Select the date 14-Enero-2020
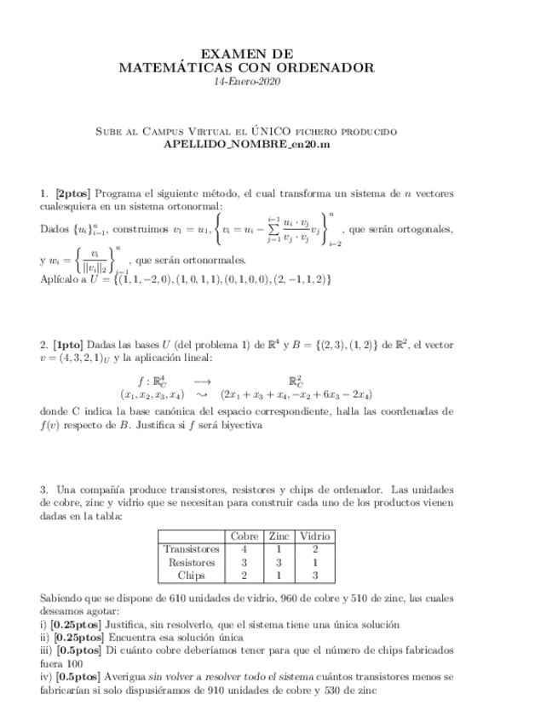(247, 82)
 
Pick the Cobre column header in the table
(244, 536)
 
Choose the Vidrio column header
(315, 536)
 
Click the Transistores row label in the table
(192, 549)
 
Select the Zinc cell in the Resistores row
(279, 563)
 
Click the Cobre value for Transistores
(244, 549)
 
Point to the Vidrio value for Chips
(315, 576)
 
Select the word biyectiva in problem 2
(238, 425)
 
